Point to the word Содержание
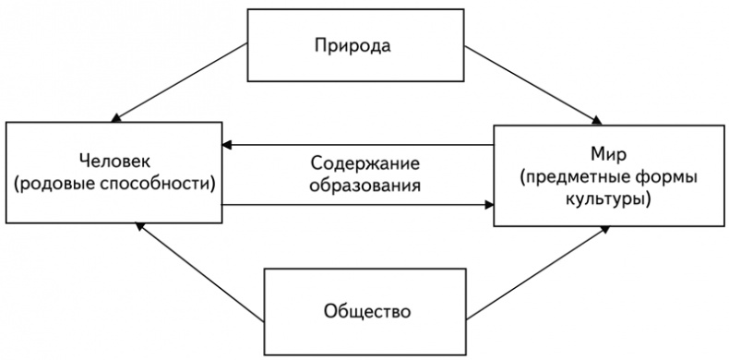click(364, 163)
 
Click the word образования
click(365, 185)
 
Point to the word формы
click(664, 175)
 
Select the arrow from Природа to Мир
click(535, 84)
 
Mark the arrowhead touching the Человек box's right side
click(226, 144)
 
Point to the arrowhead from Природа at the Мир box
click(597, 120)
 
